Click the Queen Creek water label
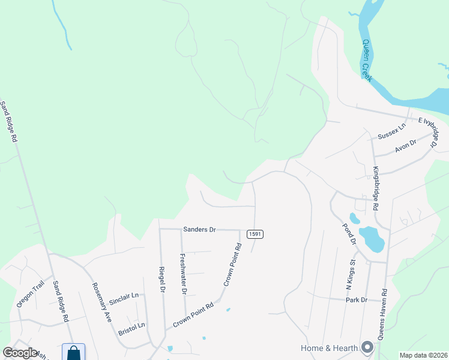(x=367, y=61)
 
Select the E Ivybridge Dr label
(x=427, y=127)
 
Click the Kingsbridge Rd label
(x=375, y=188)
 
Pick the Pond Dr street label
(x=349, y=234)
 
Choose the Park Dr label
(x=356, y=299)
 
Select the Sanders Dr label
(x=199, y=229)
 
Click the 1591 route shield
(x=253, y=233)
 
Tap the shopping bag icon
(x=73, y=352)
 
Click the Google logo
(x=20, y=353)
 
